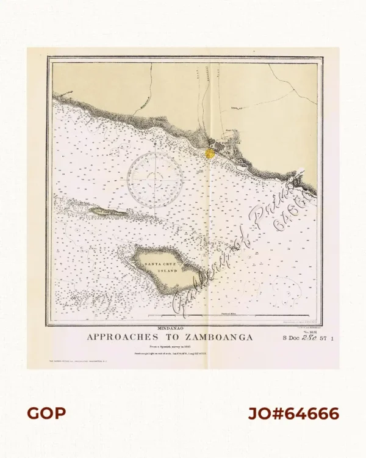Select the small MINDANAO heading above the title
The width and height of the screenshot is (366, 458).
click(x=170, y=329)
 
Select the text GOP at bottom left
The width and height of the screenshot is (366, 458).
click(x=46, y=413)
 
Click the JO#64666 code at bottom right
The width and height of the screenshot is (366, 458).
click(x=293, y=413)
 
